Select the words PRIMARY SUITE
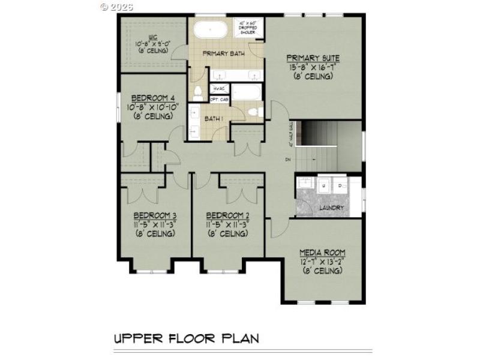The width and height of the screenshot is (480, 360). click(x=313, y=58)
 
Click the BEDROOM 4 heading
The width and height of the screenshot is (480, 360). click(x=153, y=98)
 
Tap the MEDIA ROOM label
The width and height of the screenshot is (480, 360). click(x=322, y=253)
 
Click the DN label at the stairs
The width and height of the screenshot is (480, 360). click(x=287, y=160)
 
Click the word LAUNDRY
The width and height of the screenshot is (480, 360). click(x=331, y=208)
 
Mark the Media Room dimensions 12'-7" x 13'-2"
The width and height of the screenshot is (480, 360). click(x=322, y=262)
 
